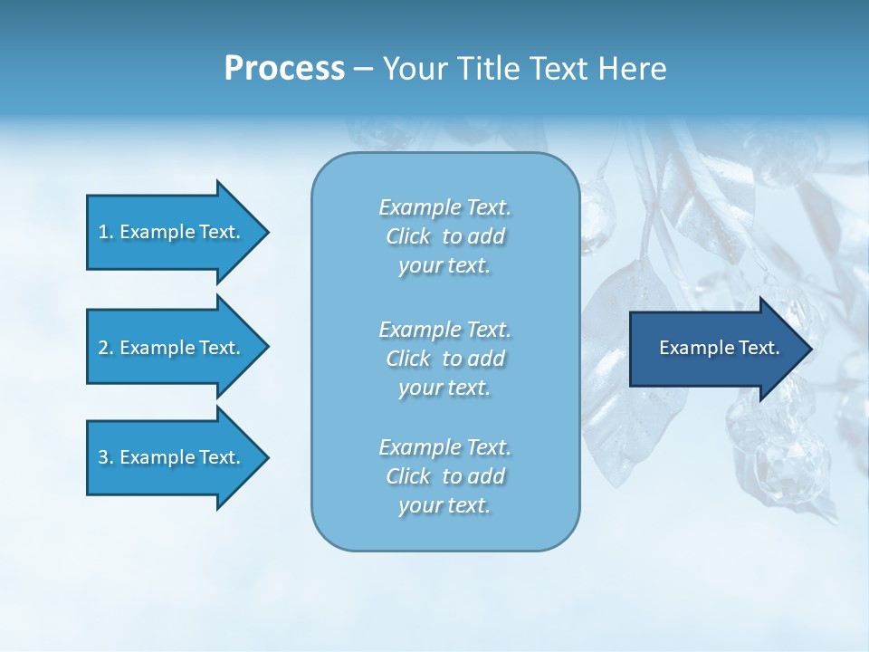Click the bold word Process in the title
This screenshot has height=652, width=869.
click(x=284, y=69)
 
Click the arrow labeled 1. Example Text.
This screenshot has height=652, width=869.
click(x=169, y=232)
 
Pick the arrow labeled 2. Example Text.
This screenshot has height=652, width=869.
click(x=169, y=348)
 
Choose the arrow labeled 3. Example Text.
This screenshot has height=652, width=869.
click(x=169, y=457)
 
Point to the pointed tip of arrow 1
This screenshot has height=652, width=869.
click(x=266, y=232)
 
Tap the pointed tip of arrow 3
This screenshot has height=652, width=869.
click(x=266, y=457)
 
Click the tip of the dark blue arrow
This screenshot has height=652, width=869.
click(x=809, y=349)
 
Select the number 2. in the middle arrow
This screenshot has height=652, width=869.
click(x=106, y=348)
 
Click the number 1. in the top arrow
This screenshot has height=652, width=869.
click(x=106, y=232)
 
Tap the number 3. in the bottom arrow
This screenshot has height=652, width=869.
click(x=106, y=457)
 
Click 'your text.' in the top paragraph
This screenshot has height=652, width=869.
click(x=444, y=266)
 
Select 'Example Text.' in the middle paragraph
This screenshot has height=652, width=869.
click(x=444, y=330)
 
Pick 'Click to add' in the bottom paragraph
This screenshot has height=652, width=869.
click(x=444, y=476)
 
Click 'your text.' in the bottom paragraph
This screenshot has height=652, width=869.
click(x=444, y=505)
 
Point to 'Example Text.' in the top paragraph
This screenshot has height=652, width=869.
click(x=444, y=207)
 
